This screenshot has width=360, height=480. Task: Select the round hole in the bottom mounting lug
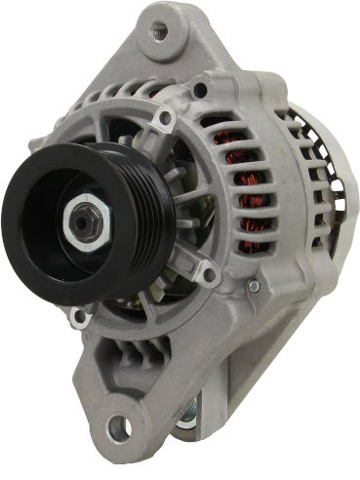point(119,425)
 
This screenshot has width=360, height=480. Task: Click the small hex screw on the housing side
point(253,286)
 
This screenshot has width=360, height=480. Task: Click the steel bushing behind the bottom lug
point(188,415)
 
